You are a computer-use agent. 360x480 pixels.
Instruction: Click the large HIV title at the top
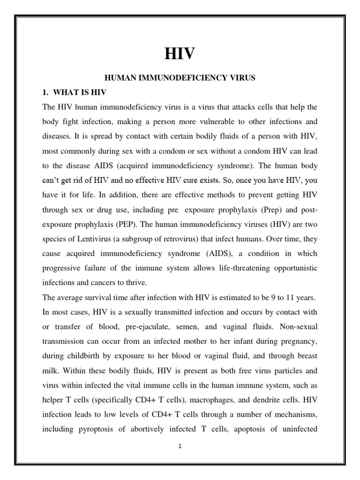pyautogui.click(x=180, y=54)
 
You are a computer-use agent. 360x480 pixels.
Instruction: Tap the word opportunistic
pyautogui.click(x=292, y=269)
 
